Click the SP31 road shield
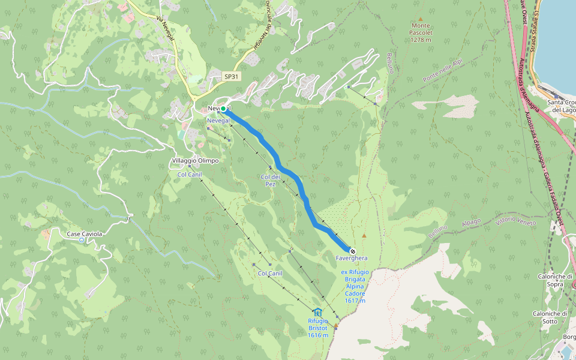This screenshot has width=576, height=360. (x=232, y=77)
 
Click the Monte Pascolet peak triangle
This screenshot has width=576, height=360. (x=421, y=19)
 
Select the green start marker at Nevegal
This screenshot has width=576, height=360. (x=223, y=109)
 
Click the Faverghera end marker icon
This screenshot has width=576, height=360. (x=352, y=251)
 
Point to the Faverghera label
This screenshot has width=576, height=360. (x=352, y=259)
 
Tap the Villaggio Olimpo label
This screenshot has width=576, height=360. (x=195, y=161)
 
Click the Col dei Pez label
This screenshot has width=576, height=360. (x=271, y=180)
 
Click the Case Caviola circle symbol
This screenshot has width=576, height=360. (x=82, y=240)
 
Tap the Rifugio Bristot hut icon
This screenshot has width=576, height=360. (x=317, y=312)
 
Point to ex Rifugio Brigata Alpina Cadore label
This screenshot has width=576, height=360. (x=354, y=286)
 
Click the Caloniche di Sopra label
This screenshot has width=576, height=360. (x=555, y=280)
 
